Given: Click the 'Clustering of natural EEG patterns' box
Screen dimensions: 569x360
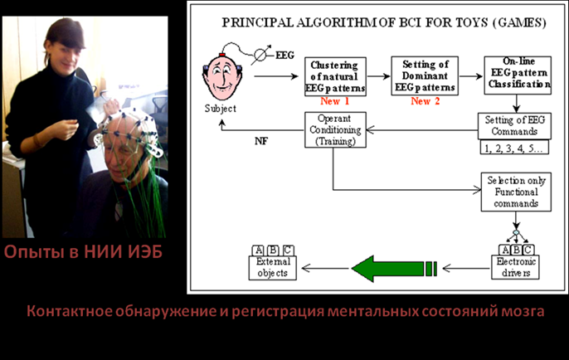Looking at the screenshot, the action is pyautogui.click(x=335, y=76).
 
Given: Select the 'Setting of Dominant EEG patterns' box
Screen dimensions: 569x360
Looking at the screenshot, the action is pyautogui.click(x=425, y=75).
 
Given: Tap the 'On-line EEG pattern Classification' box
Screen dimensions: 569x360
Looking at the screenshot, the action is pyautogui.click(x=518, y=75).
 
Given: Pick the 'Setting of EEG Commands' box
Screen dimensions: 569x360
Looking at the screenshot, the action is pyautogui.click(x=514, y=126).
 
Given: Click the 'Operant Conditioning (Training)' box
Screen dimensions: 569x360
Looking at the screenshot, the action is pyautogui.click(x=335, y=130).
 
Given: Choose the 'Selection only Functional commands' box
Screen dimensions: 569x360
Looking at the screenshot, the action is pyautogui.click(x=516, y=192).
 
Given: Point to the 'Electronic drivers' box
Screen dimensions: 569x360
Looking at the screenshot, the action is pyautogui.click(x=515, y=267).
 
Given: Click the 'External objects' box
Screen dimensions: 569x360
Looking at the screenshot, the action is pyautogui.click(x=273, y=268).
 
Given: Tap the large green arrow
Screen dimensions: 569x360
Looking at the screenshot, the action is pyautogui.click(x=394, y=269).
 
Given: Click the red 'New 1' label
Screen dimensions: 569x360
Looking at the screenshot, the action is pyautogui.click(x=334, y=101).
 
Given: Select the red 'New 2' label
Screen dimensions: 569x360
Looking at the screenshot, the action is pyautogui.click(x=425, y=101).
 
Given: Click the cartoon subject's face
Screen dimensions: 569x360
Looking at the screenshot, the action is pyautogui.click(x=221, y=77).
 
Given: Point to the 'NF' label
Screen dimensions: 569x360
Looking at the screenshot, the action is pyautogui.click(x=261, y=141).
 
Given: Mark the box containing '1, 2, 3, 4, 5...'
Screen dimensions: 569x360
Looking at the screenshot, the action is pyautogui.click(x=514, y=148).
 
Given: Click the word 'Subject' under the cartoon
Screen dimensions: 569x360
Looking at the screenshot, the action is pyautogui.click(x=221, y=109).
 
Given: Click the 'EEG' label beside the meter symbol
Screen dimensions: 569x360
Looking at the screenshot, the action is pyautogui.click(x=284, y=56).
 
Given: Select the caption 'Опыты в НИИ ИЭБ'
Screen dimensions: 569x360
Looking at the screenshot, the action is pyautogui.click(x=84, y=252).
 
